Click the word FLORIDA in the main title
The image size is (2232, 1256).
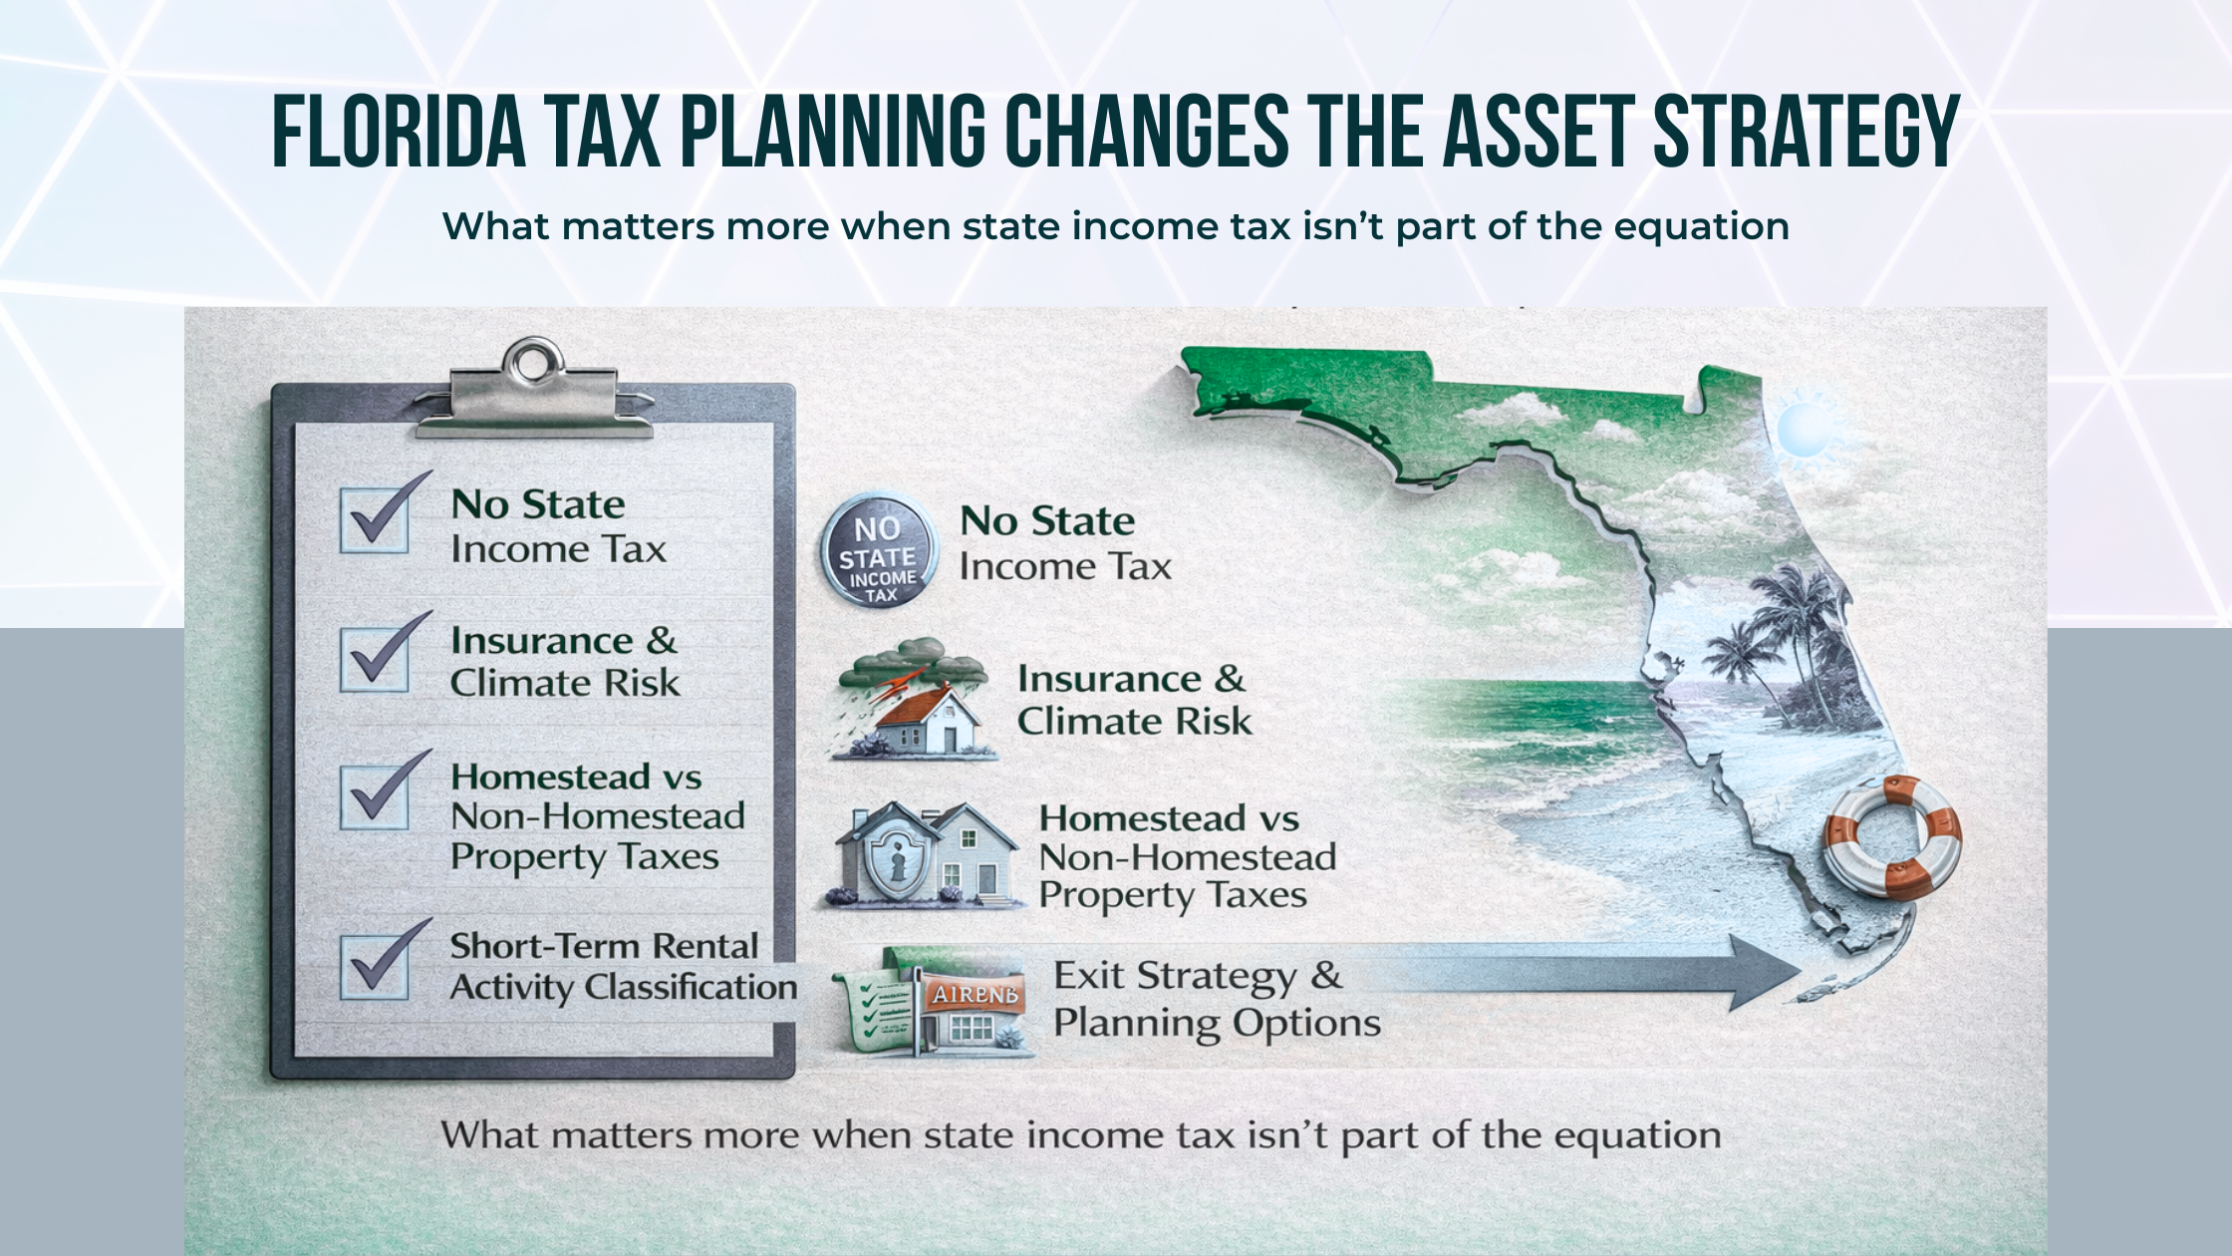click(399, 132)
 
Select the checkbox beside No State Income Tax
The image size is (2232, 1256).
click(375, 520)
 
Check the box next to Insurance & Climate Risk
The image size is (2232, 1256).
click(375, 659)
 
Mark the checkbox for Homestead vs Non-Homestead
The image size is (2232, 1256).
click(375, 797)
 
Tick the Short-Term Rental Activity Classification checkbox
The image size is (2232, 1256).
click(375, 966)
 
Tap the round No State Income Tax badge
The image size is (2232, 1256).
click(878, 551)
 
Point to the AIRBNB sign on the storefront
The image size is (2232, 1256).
click(975, 994)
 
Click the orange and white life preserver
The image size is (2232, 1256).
click(1890, 837)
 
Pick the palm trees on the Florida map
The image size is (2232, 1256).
click(1784, 638)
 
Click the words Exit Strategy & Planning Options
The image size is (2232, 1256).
click(1216, 999)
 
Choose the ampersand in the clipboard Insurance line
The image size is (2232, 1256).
click(661, 641)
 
